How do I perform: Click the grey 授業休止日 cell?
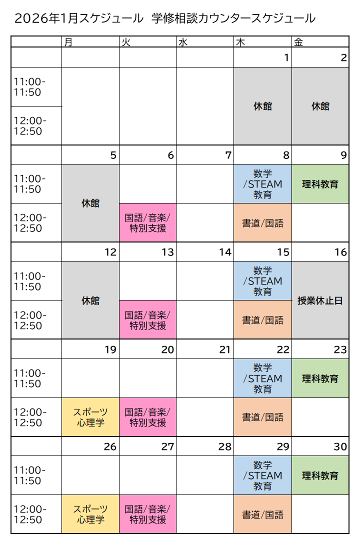point(320,300)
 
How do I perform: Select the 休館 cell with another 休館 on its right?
point(262,106)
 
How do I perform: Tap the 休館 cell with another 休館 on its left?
point(320,106)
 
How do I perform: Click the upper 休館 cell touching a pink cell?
point(90,203)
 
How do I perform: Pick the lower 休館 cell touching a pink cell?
point(90,300)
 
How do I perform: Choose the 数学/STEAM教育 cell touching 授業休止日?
point(262,280)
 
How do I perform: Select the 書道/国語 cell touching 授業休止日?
point(262,319)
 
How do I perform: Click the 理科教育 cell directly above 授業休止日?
point(320,183)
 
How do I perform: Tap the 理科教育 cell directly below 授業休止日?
point(320,378)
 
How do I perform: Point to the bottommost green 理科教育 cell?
point(320,475)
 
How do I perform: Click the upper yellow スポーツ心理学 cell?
point(90,417)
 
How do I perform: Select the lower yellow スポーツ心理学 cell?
point(90,514)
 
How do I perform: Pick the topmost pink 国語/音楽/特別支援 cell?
point(147,222)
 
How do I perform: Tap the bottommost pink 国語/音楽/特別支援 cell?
point(147,514)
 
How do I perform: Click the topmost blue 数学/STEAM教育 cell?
point(262,183)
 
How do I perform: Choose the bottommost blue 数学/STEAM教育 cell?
point(262,475)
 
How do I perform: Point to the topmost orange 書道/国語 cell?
point(262,222)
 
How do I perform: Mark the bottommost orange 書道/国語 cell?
point(262,514)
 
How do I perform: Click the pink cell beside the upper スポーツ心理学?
point(147,417)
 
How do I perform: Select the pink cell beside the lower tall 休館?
point(147,319)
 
